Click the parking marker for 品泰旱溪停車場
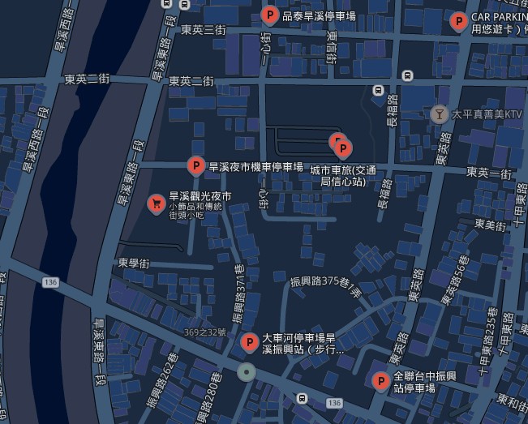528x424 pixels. (271, 15)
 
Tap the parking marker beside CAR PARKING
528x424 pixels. (458, 22)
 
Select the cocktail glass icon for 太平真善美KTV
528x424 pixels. (440, 115)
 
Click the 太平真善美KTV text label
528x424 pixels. (486, 116)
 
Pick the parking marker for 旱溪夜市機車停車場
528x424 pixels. (195, 165)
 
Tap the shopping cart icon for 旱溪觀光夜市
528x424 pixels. (155, 203)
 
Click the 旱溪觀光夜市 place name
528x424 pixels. (200, 196)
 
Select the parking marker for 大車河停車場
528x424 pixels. (250, 342)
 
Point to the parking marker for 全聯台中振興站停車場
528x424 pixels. (380, 380)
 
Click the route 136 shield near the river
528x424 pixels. (52, 281)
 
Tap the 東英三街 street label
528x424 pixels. (203, 30)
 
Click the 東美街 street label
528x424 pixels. (492, 225)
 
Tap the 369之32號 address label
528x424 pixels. (205, 332)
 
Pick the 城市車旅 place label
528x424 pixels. (344, 175)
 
